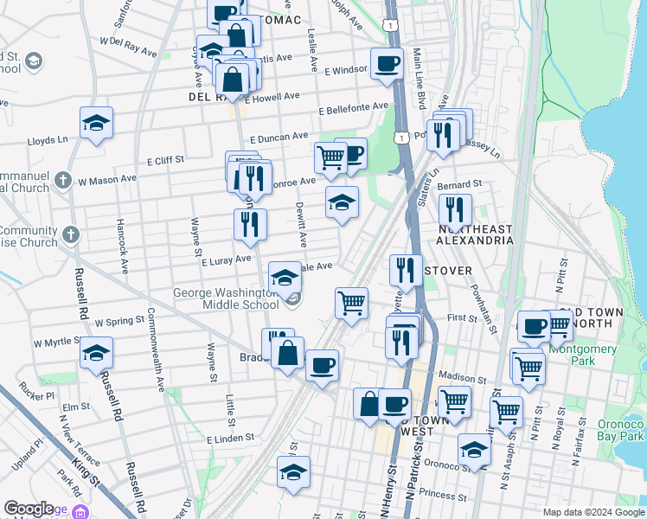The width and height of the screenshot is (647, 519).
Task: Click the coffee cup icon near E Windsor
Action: click(387, 63)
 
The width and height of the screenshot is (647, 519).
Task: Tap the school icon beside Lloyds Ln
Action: click(97, 123)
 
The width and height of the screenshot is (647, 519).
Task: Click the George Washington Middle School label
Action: click(226, 299)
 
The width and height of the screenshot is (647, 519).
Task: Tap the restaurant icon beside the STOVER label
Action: click(405, 271)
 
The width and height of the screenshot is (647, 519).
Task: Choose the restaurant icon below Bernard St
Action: click(454, 210)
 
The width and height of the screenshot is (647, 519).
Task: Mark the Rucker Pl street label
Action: click(38, 395)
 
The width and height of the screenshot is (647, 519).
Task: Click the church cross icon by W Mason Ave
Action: click(61, 180)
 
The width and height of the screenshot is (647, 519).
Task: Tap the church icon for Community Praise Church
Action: click(72, 234)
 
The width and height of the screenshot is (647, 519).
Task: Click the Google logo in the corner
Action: click(29, 509)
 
